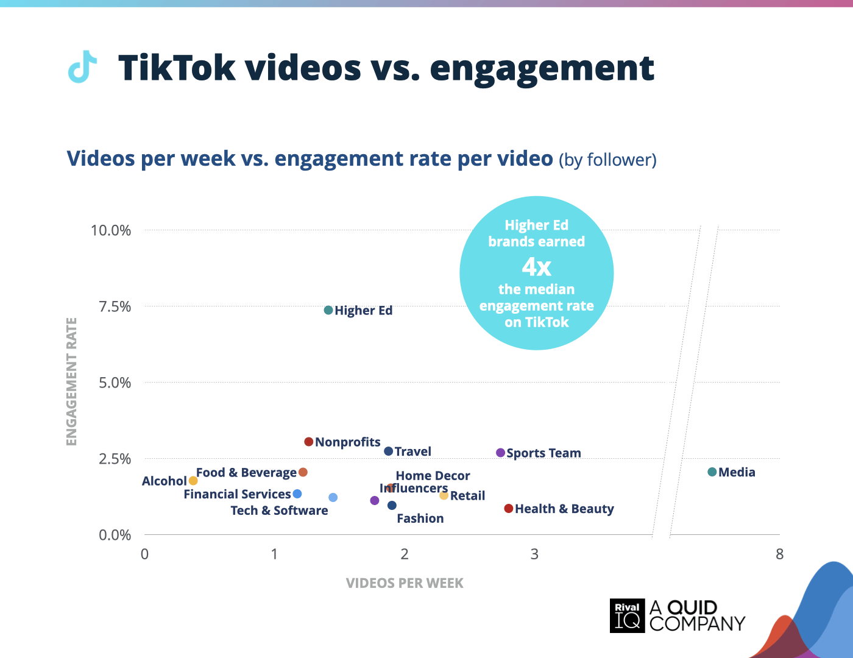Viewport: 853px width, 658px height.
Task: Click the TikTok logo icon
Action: (x=82, y=66)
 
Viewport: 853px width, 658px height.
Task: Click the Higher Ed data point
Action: (x=328, y=310)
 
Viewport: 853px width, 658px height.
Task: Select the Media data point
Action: (x=712, y=472)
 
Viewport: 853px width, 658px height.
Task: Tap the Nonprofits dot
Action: (x=309, y=442)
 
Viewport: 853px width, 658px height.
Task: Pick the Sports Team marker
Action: (x=500, y=453)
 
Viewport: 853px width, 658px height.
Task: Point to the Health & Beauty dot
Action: (x=508, y=509)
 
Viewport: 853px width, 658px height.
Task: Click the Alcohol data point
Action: (x=193, y=481)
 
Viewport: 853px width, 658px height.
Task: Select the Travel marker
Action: (x=388, y=451)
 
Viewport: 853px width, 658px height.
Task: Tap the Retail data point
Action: (x=444, y=495)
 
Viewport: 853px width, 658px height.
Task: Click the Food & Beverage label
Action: (x=246, y=473)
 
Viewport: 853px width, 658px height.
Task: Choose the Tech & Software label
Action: (x=279, y=511)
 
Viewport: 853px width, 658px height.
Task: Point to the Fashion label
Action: (x=420, y=518)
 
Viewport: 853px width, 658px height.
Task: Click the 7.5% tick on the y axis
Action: (x=115, y=306)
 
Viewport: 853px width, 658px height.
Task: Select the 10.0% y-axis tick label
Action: (x=111, y=230)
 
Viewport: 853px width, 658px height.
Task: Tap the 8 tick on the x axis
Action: (x=779, y=554)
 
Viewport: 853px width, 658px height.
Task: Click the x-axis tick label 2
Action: (x=405, y=554)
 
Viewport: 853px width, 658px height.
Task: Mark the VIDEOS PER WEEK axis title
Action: (x=405, y=583)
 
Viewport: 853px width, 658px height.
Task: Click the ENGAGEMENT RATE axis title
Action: (x=71, y=381)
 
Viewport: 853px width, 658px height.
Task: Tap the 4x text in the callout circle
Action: (x=536, y=267)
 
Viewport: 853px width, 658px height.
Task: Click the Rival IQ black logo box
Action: (x=627, y=615)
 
